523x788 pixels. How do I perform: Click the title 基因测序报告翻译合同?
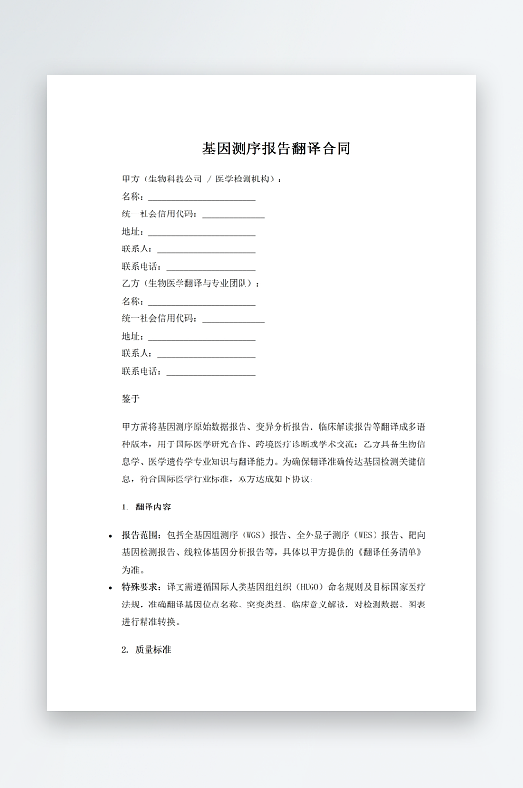click(275, 149)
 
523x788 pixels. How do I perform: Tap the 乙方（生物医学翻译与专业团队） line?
click(191, 283)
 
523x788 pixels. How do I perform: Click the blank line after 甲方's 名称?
click(202, 197)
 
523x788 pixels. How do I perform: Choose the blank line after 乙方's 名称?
click(202, 302)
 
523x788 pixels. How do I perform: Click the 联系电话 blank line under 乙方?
click(212, 373)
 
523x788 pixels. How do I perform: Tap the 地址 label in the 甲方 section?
click(132, 232)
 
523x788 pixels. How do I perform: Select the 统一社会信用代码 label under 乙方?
click(159, 319)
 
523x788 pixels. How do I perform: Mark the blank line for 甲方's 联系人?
click(206, 250)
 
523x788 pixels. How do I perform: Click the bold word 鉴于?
click(131, 399)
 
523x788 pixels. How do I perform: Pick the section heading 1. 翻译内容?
click(147, 507)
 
